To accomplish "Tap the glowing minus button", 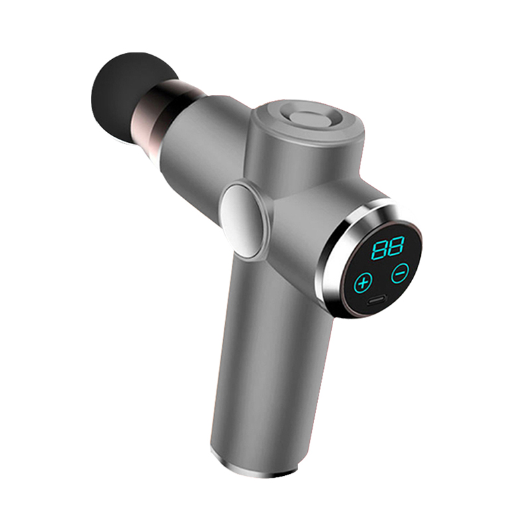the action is [400, 272].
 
